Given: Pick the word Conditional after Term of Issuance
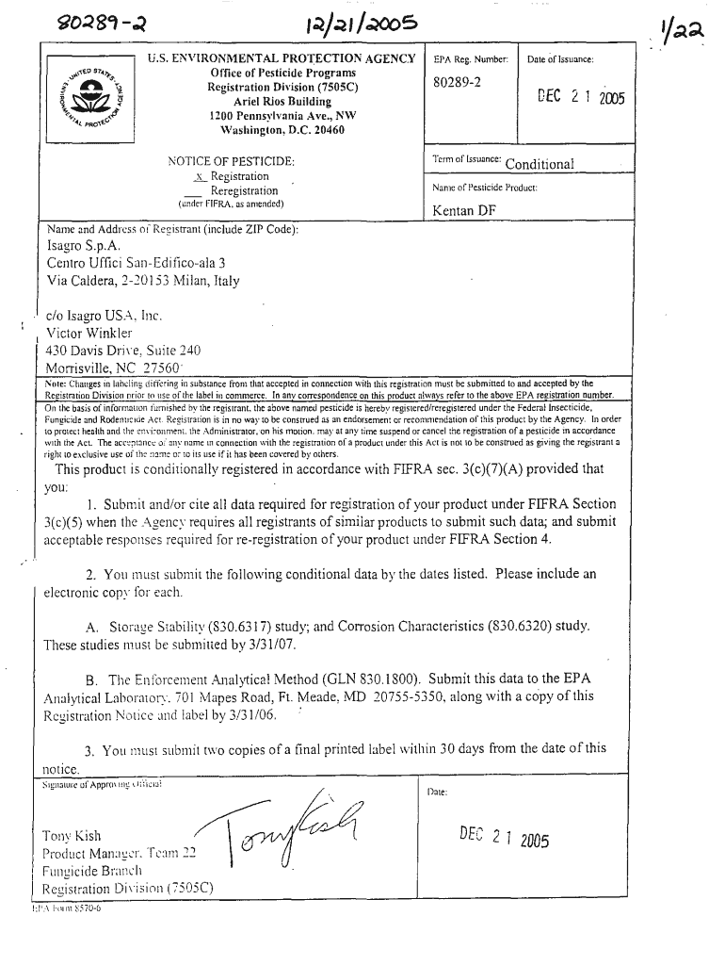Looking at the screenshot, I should pyautogui.click(x=540, y=164).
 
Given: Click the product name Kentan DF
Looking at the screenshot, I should pyautogui.click(x=464, y=210).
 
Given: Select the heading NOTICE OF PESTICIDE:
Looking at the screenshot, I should pyautogui.click(x=232, y=161).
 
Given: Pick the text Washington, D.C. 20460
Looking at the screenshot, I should pyautogui.click(x=282, y=130).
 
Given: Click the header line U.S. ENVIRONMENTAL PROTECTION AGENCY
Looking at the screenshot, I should pyautogui.click(x=282, y=59).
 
